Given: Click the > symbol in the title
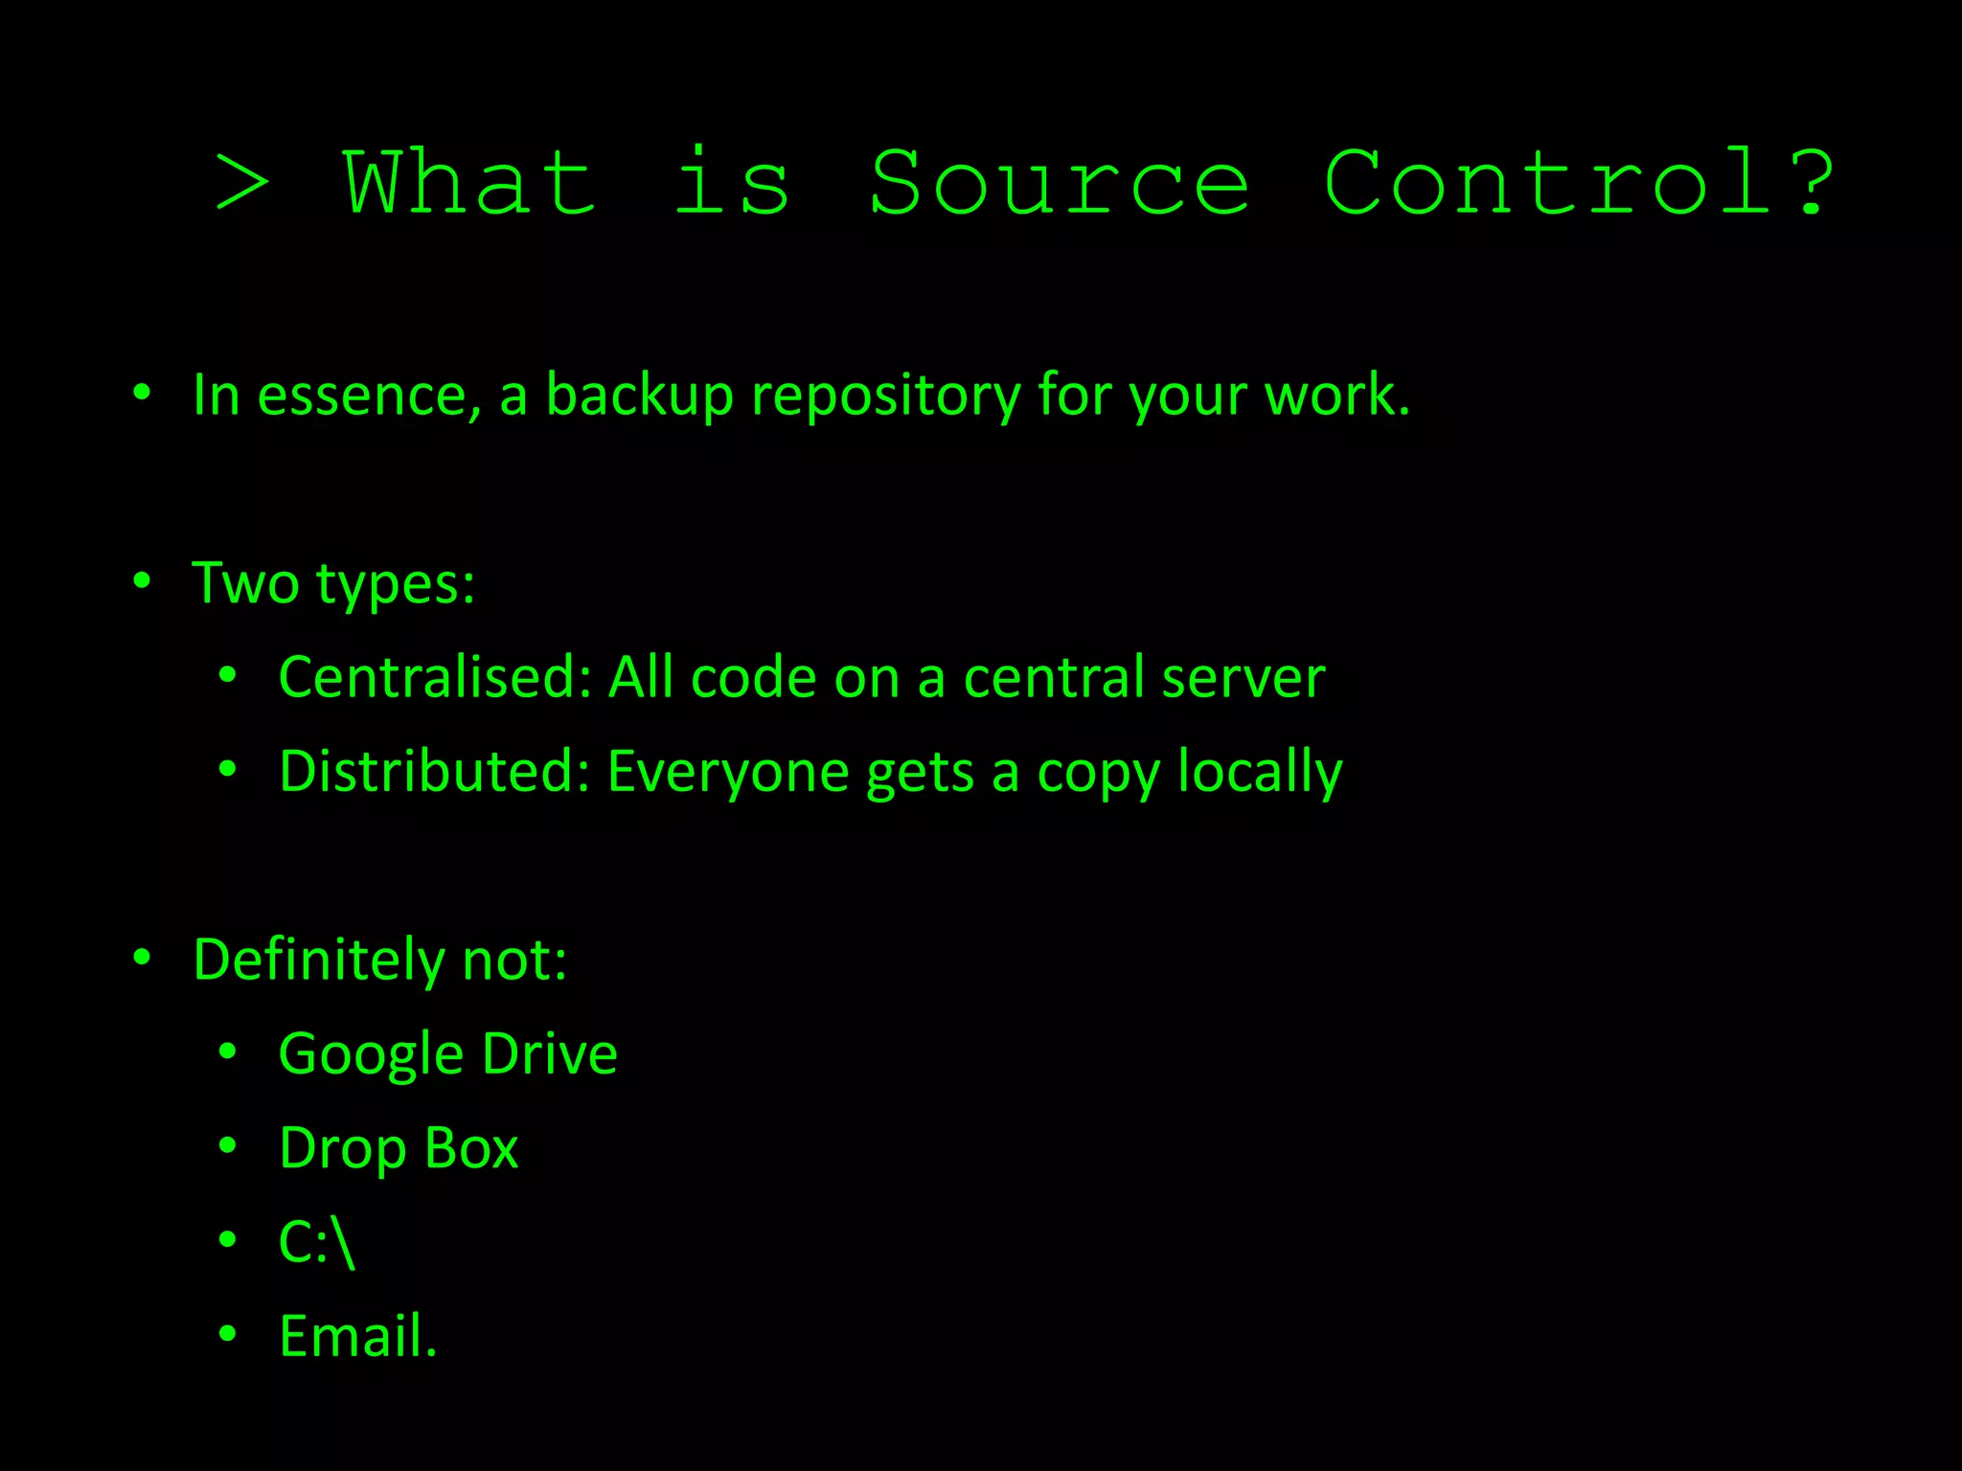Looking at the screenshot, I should pos(242,182).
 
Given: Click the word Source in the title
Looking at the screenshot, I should pos(1059,182).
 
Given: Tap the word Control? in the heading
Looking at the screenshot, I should pos(1579,182).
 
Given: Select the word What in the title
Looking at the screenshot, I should pos(470,182).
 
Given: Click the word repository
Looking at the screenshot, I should pos(885,396).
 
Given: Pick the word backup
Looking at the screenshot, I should pos(639,395).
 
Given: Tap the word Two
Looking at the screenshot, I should pos(245,582).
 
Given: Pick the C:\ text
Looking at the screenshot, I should pos(317,1243).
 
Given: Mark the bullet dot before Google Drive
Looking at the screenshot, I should pos(227,1052).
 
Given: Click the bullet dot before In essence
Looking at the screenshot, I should pos(142,393).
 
